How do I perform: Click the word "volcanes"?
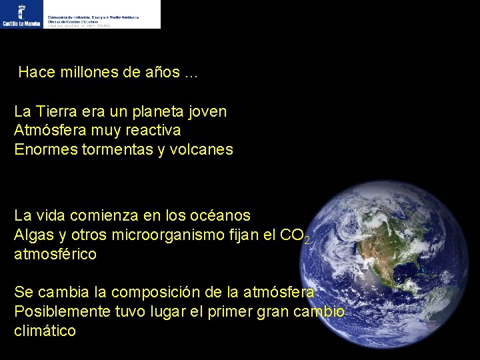pyautogui.click(x=202, y=149)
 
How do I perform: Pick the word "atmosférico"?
pyautogui.click(x=55, y=254)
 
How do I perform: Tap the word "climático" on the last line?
pyautogui.click(x=45, y=331)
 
